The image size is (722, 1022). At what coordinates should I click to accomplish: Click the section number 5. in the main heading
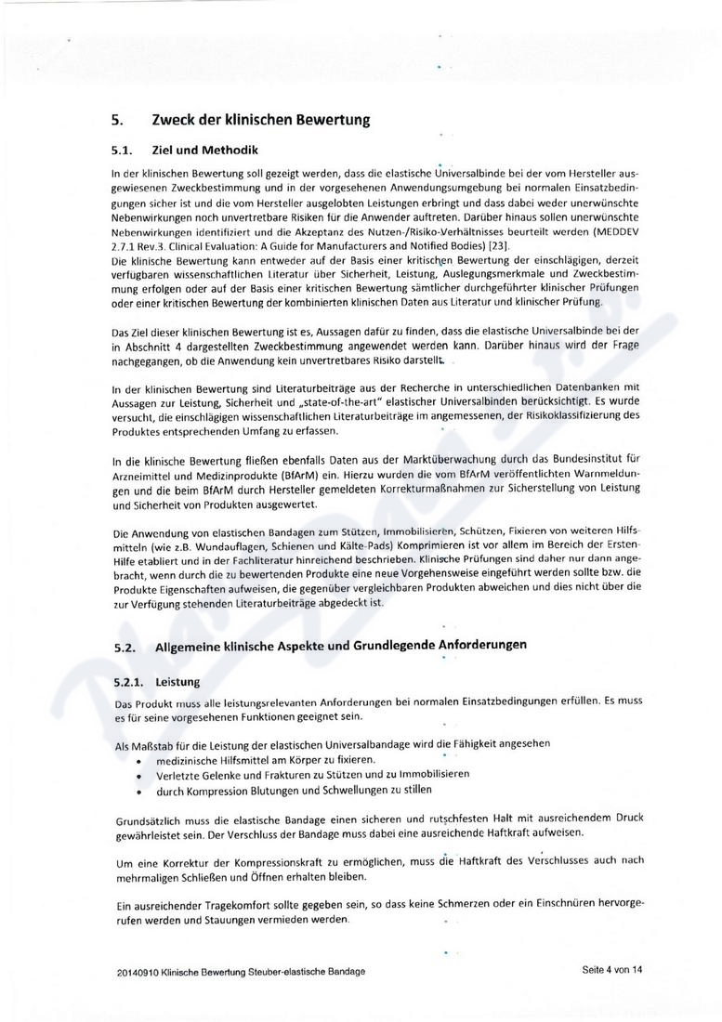[x=117, y=120]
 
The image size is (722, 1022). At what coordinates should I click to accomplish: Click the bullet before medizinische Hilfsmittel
[x=139, y=760]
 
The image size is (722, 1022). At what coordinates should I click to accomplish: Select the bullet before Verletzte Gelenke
[x=139, y=774]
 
